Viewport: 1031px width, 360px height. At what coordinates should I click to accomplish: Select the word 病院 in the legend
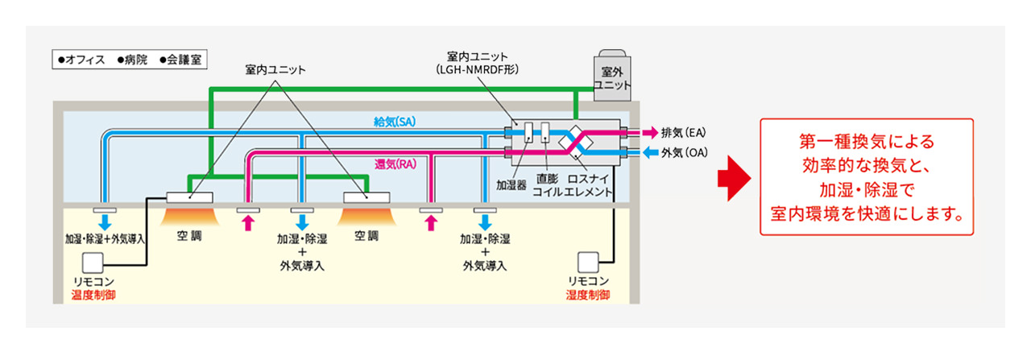[137, 60]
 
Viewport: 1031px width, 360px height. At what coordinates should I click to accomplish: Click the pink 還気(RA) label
[395, 164]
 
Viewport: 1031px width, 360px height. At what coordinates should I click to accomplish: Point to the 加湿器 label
[511, 184]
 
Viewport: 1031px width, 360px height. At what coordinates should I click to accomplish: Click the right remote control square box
[589, 262]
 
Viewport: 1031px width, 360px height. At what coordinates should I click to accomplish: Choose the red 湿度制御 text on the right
[588, 295]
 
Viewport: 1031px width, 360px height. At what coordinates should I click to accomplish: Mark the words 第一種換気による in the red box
[867, 143]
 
